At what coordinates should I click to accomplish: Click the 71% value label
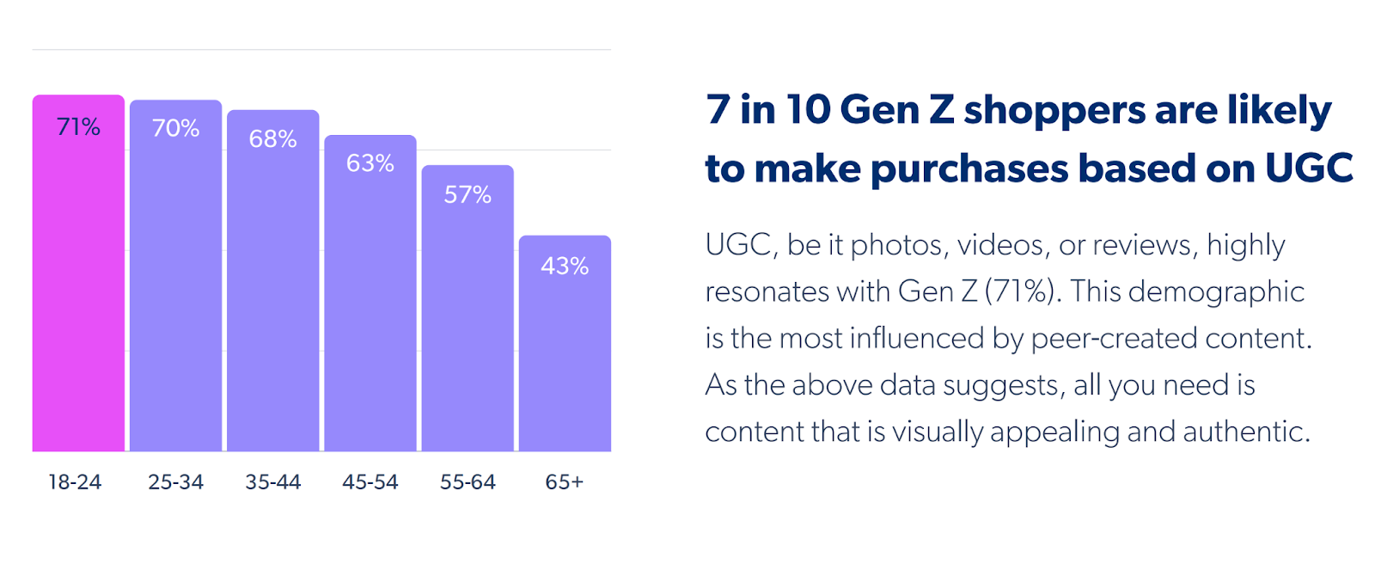tap(78, 127)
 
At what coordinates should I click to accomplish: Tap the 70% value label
tap(175, 128)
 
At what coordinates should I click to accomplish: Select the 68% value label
tap(272, 138)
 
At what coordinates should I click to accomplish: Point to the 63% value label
tap(370, 163)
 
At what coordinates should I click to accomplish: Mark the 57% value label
tap(467, 195)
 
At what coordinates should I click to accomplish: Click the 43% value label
tap(565, 267)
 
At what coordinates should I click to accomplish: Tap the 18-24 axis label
tap(75, 482)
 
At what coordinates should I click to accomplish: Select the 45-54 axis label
tap(370, 482)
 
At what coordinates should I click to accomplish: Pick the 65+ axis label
tap(565, 482)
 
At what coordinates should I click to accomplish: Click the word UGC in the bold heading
tap(1309, 169)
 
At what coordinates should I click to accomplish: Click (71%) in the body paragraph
tap(1020, 291)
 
